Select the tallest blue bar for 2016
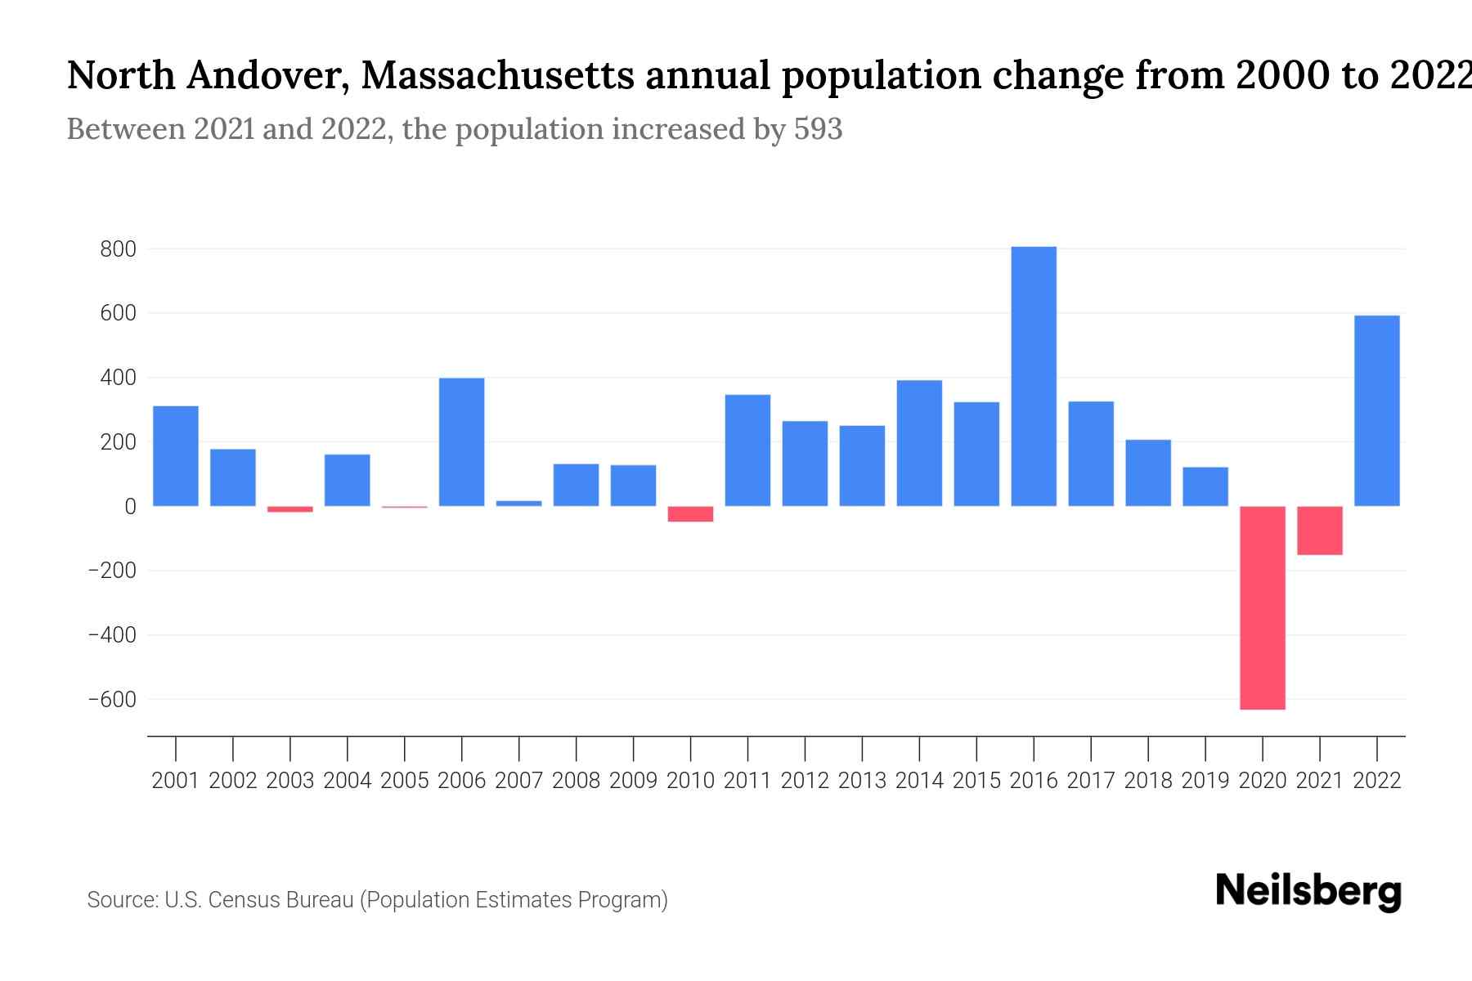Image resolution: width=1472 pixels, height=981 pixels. click(1034, 376)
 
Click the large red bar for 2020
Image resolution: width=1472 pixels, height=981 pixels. click(1262, 607)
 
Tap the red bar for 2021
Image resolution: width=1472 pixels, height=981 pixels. click(1319, 531)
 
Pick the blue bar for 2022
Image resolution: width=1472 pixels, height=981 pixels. click(1376, 410)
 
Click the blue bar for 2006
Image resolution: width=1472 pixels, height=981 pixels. click(461, 441)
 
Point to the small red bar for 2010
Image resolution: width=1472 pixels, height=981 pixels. click(690, 514)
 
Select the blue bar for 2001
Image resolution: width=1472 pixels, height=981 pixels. click(176, 455)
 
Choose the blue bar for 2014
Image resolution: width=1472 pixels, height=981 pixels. click(919, 443)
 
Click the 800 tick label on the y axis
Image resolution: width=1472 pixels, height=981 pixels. click(118, 249)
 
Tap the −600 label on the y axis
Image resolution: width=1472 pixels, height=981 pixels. click(113, 700)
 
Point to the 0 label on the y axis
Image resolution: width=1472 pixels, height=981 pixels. click(130, 507)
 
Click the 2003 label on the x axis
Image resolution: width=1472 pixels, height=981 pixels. click(290, 781)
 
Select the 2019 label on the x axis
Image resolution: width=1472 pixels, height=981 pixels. click(1205, 781)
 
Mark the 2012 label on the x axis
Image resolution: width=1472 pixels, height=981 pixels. click(805, 781)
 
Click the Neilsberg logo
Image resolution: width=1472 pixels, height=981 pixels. click(1308, 891)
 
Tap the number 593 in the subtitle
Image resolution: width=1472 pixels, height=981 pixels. click(818, 129)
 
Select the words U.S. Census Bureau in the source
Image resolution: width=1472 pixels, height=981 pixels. click(258, 900)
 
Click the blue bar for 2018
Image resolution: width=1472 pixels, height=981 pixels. click(1147, 473)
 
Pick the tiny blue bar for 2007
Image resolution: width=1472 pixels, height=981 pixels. click(518, 504)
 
